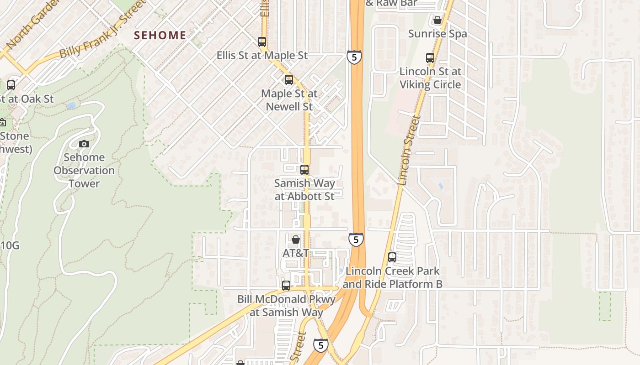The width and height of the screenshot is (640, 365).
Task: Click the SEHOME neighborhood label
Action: pos(160,35)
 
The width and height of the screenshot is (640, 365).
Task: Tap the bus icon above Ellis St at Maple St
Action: pos(262,42)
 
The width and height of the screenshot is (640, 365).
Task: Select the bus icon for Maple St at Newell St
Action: pos(289,80)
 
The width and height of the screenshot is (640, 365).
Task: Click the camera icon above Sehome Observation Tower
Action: pos(84,144)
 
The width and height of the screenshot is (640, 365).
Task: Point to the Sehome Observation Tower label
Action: pos(84,170)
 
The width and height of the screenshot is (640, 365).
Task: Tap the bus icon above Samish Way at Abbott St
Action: pos(304,170)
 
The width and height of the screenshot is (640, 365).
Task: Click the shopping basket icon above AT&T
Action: pos(296,239)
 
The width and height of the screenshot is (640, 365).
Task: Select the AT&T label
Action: pos(296,253)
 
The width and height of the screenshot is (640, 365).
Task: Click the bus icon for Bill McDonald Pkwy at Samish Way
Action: pos(286,286)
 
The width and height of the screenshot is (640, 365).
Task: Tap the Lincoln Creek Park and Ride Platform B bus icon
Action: pos(392,257)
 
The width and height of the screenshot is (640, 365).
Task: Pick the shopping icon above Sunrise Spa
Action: pos(437,20)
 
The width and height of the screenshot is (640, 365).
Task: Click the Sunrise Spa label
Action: pos(437,34)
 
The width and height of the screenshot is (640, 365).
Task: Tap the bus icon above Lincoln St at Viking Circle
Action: pos(430,58)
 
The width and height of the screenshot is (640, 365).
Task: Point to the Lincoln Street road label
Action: pos(409,151)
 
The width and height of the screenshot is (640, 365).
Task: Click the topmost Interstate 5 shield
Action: pos(354,57)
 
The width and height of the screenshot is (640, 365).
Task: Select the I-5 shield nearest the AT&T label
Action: pos(356,239)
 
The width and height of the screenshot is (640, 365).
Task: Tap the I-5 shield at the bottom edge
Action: pos(321,345)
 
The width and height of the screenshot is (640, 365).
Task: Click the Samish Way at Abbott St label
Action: pos(304,190)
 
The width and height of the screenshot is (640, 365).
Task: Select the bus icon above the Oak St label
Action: pos(11,85)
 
